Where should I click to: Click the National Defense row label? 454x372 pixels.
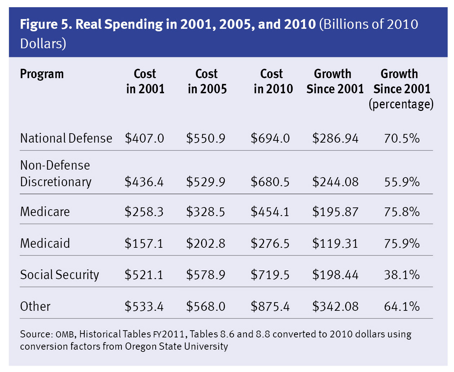(x=66, y=138)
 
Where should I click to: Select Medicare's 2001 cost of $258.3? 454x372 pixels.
(x=144, y=212)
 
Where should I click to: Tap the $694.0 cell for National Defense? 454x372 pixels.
(x=270, y=138)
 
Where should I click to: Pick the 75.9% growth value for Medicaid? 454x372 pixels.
(x=402, y=243)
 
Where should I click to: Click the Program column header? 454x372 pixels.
(x=42, y=74)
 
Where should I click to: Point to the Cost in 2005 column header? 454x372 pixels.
(x=207, y=81)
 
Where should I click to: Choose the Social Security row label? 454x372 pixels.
(x=59, y=275)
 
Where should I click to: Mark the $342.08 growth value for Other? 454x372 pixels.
(x=335, y=306)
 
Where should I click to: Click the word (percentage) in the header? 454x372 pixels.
(x=401, y=104)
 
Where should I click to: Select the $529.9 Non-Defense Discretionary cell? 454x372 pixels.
(x=206, y=182)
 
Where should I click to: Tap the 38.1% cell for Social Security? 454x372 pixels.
(x=402, y=275)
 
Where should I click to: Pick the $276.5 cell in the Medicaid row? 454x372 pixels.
(x=270, y=243)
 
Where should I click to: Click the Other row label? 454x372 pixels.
(x=35, y=306)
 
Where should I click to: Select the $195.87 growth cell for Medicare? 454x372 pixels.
(x=335, y=212)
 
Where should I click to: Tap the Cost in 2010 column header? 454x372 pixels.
(x=273, y=81)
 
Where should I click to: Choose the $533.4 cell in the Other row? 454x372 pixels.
(x=144, y=306)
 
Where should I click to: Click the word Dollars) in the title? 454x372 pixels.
(x=43, y=44)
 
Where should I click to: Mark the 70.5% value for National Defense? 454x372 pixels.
(x=402, y=138)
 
